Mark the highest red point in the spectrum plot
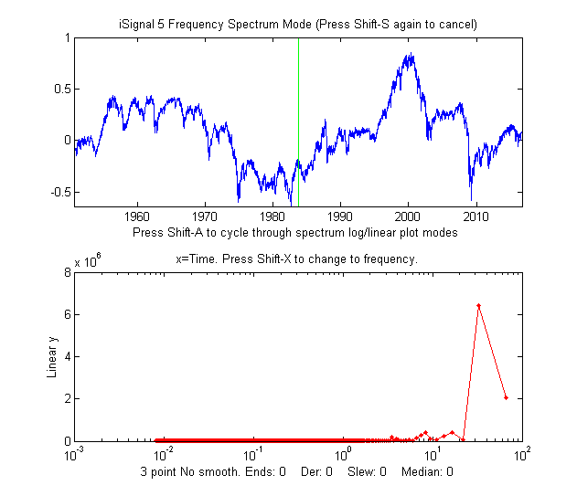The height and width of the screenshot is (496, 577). pyautogui.click(x=478, y=305)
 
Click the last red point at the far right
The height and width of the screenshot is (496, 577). pyautogui.click(x=506, y=397)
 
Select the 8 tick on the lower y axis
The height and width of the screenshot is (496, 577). pyautogui.click(x=65, y=272)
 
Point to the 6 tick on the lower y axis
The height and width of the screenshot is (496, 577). pyautogui.click(x=65, y=314)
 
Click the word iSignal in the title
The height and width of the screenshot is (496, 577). pyautogui.click(x=140, y=23)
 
